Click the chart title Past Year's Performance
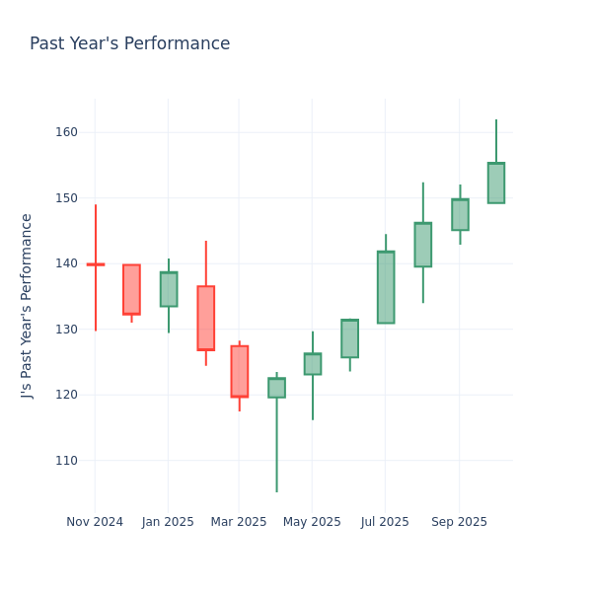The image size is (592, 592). [x=129, y=44]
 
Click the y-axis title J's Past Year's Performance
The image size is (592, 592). [x=28, y=306]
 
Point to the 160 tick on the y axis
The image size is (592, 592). [x=65, y=132]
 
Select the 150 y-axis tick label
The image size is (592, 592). [x=65, y=198]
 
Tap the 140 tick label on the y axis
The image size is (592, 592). [x=65, y=263]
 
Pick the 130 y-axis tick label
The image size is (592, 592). [x=65, y=330]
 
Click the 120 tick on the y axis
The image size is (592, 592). [x=65, y=395]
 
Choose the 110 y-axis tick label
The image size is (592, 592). [x=65, y=461]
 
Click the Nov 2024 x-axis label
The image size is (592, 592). [x=95, y=522]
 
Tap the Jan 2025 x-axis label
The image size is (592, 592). [x=168, y=522]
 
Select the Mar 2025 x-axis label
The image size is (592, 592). [x=239, y=522]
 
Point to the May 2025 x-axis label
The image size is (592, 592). [x=312, y=522]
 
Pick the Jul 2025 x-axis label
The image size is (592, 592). [x=386, y=522]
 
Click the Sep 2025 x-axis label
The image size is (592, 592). [x=460, y=522]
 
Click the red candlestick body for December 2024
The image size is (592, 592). [x=131, y=289]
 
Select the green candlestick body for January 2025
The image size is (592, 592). [x=169, y=289]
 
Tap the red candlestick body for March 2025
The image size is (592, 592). [x=240, y=371]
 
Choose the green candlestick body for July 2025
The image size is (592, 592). [x=386, y=287]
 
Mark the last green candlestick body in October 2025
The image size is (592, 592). [x=496, y=184]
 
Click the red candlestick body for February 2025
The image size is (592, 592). [x=205, y=318]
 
